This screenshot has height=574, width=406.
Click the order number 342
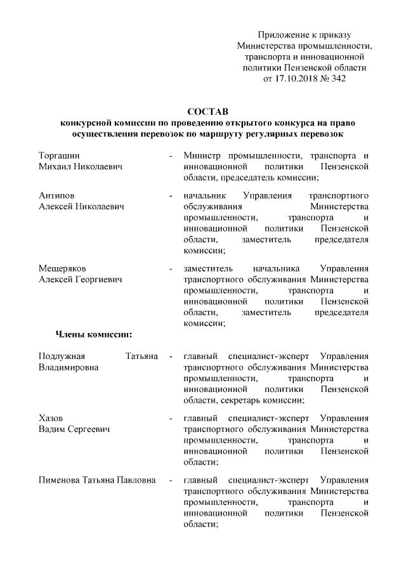click(337, 79)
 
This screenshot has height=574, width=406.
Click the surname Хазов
click(51, 419)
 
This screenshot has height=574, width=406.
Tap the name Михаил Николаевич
click(81, 166)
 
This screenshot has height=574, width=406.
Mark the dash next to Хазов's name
click(171, 419)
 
